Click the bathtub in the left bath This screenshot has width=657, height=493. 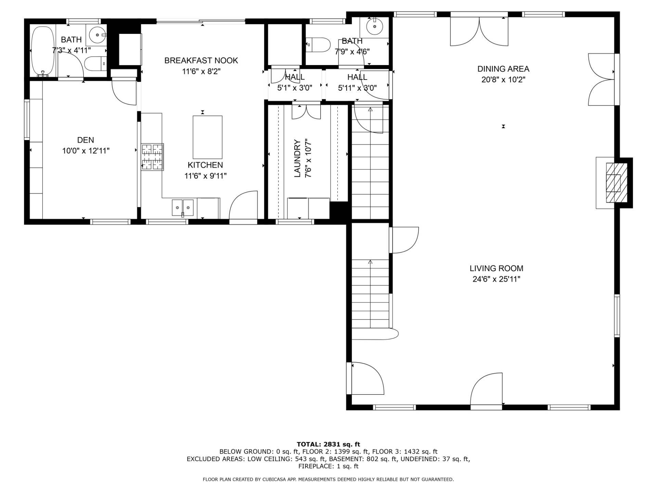(43, 51)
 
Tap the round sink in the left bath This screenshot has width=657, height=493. (98, 35)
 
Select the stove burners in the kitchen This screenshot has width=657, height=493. (153, 157)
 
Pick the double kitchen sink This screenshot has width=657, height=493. (182, 207)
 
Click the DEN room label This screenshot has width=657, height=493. (86, 140)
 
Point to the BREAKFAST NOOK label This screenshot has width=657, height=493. (201, 61)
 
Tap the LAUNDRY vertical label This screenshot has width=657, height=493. (297, 158)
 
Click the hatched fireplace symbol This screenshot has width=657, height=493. (617, 182)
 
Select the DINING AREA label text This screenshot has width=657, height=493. (503, 69)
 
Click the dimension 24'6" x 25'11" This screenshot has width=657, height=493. (496, 279)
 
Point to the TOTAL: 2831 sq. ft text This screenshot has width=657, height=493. (328, 444)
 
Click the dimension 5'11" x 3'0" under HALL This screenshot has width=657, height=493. (357, 88)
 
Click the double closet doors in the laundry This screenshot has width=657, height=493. (306, 112)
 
